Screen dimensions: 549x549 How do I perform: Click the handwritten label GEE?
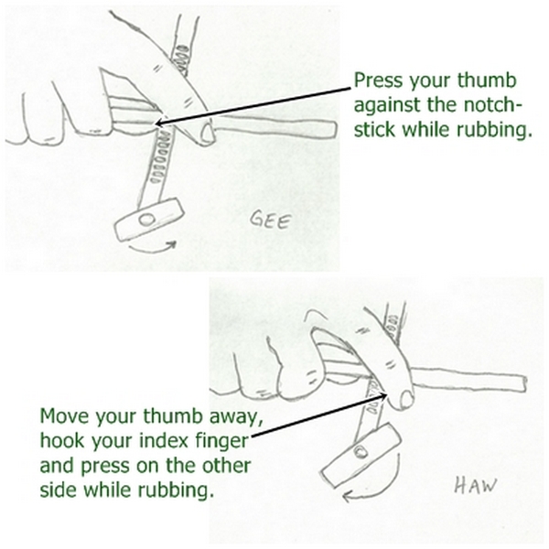coord(271,221)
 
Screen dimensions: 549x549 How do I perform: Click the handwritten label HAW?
coord(476,485)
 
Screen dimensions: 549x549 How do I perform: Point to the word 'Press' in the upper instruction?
coord(378,81)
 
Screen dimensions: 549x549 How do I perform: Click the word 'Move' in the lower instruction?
coord(64,416)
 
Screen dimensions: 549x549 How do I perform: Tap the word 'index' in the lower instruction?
coord(165,440)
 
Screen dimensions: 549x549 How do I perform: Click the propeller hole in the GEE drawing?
coord(146,220)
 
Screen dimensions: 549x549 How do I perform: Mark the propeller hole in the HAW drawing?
coord(361,452)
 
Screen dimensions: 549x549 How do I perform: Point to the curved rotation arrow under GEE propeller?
coord(151,249)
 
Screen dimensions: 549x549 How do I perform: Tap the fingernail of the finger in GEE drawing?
coord(208,133)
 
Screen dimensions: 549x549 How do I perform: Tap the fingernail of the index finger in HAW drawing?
coord(407,400)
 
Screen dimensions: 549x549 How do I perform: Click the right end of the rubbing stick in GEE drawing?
coord(336,130)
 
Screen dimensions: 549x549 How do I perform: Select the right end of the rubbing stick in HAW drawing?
coord(524,384)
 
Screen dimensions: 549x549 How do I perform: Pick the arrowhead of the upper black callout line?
coord(158,123)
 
